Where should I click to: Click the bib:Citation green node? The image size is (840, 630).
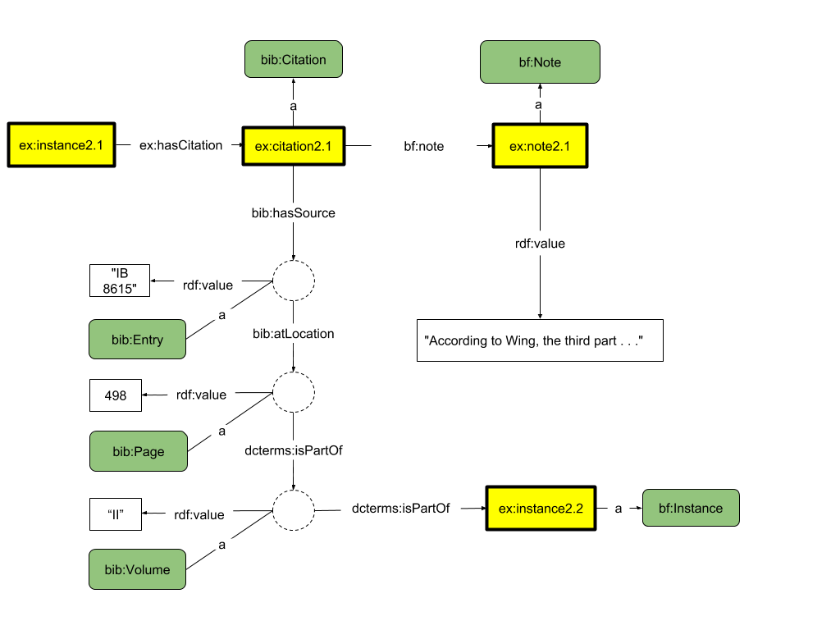294,60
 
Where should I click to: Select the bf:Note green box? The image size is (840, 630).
540,62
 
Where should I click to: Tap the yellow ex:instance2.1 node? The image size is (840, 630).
62,145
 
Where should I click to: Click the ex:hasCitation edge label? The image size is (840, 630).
181,145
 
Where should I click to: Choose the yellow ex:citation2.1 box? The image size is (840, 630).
293,146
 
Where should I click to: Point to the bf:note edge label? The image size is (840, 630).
424,146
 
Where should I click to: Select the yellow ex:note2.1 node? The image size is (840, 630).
540,146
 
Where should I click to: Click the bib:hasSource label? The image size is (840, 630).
294,212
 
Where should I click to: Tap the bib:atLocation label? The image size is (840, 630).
294,333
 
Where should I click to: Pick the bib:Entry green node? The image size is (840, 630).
138,340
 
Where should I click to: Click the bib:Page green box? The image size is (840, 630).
139,451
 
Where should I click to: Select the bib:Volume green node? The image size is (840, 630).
137,569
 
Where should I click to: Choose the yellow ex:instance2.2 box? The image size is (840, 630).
541,508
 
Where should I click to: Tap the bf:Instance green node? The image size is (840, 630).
691,508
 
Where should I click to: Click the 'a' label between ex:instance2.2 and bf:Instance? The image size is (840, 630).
618,509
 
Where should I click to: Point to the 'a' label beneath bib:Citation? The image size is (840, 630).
293,106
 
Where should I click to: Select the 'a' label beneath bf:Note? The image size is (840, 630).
539,104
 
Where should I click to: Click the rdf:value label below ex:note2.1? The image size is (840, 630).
540,244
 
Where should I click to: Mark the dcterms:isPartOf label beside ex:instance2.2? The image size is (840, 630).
400,508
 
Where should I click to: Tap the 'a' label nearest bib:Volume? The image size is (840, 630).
222,544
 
